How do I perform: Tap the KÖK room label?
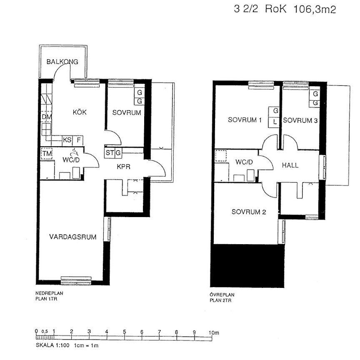pos(79,112)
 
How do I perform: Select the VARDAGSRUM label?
pos(73,237)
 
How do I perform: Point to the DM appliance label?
pos(46,117)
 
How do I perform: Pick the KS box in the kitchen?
pos(67,140)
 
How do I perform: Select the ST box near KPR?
pos(110,152)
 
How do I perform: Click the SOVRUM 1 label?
pos(245,120)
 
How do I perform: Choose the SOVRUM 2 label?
pos(249,212)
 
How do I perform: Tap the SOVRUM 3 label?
pos(300,120)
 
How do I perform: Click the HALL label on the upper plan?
pos(290,165)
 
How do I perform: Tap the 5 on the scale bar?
pos(124,332)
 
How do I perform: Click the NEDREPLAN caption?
pos(49,293)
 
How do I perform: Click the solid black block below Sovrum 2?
pos(248,266)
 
